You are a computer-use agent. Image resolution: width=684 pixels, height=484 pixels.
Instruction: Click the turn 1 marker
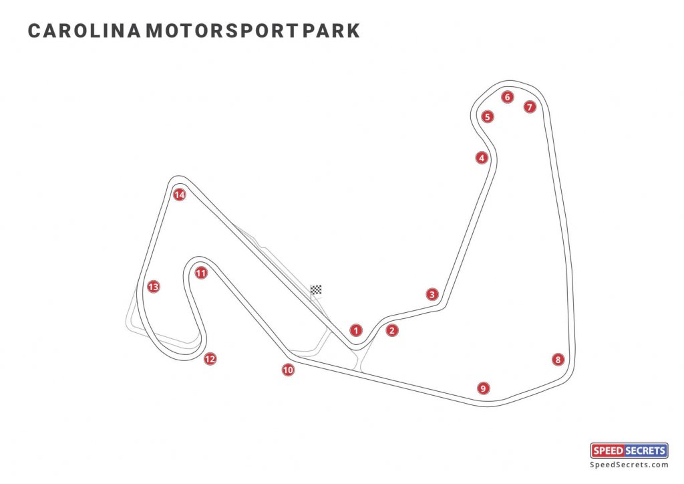pyautogui.click(x=356, y=330)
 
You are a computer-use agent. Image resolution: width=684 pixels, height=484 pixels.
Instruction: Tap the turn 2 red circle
pyautogui.click(x=392, y=330)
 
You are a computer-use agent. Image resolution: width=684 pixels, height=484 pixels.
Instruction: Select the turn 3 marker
pyautogui.click(x=432, y=294)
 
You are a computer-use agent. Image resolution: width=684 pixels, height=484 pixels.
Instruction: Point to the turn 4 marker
pyautogui.click(x=481, y=158)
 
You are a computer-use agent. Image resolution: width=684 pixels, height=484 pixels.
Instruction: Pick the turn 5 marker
pyautogui.click(x=488, y=117)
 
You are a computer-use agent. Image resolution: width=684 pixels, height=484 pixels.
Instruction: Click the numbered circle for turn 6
pyautogui.click(x=507, y=97)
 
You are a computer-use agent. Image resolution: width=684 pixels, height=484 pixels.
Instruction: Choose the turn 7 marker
pyautogui.click(x=530, y=106)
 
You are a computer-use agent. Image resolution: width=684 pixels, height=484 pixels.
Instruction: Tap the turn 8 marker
pyautogui.click(x=558, y=359)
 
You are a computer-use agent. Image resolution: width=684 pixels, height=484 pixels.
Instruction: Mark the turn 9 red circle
pyautogui.click(x=482, y=388)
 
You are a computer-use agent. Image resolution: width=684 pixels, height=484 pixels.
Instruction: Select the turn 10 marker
pyautogui.click(x=288, y=369)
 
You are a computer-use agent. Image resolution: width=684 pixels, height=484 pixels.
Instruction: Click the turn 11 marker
pyautogui.click(x=201, y=273)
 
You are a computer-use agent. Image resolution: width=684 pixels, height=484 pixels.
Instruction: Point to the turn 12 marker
pyautogui.click(x=210, y=358)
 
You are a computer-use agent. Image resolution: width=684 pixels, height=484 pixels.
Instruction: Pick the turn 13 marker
pyautogui.click(x=154, y=287)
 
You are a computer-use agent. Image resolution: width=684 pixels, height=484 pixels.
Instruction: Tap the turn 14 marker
pyautogui.click(x=178, y=195)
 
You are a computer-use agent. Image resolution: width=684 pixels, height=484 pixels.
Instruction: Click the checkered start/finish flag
pyautogui.click(x=316, y=290)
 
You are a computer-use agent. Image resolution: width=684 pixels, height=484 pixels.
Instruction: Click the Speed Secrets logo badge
pyautogui.click(x=629, y=451)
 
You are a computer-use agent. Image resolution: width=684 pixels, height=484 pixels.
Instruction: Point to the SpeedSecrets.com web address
pyautogui.click(x=629, y=465)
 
